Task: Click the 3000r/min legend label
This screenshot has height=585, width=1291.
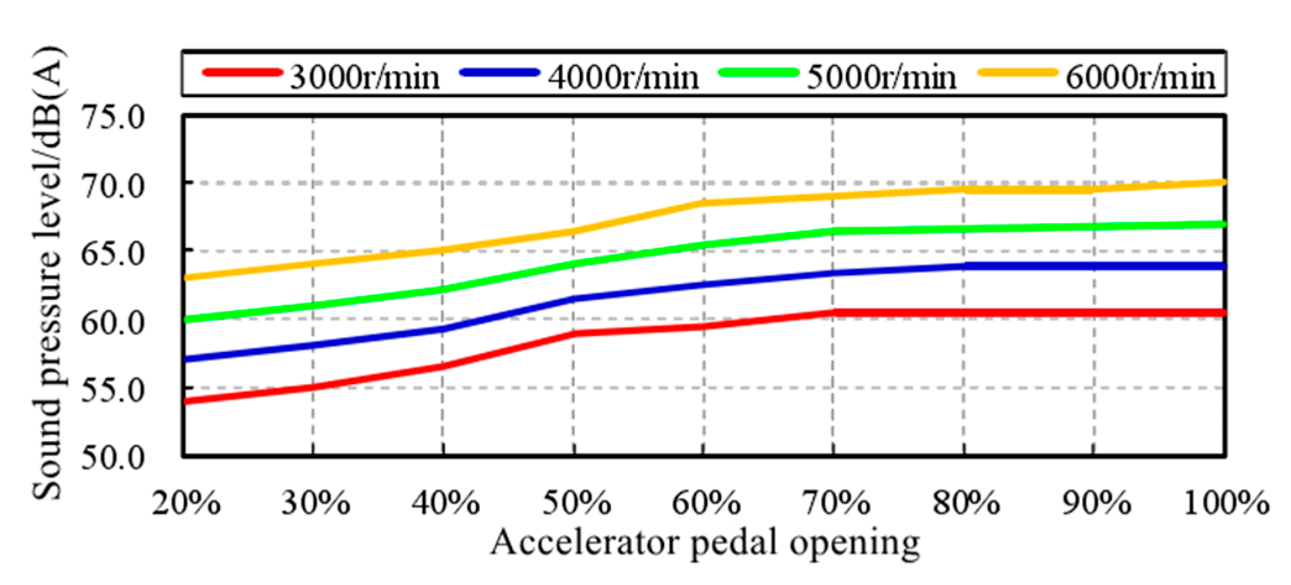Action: click(x=365, y=78)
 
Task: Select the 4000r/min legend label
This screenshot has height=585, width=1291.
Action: click(x=623, y=78)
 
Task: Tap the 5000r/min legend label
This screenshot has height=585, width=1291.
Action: click(x=882, y=78)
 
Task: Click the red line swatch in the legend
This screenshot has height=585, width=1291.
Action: click(x=242, y=72)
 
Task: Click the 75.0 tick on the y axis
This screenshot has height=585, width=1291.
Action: click(x=113, y=117)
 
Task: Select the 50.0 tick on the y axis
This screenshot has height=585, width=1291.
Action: click(x=113, y=458)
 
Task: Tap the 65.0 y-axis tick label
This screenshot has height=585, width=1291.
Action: click(x=113, y=253)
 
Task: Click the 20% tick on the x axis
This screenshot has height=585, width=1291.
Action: click(x=186, y=503)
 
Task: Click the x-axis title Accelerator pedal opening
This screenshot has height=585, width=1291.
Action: click(x=705, y=543)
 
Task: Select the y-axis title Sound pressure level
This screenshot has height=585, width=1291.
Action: click(x=48, y=272)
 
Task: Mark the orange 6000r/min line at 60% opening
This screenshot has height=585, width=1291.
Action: click(x=704, y=203)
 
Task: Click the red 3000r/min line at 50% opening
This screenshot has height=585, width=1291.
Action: click(x=574, y=334)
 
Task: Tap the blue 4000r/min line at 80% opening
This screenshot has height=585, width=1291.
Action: click(x=964, y=266)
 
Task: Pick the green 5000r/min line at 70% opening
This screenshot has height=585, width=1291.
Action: click(x=833, y=231)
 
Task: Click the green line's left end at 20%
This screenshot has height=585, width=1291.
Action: click(x=186, y=319)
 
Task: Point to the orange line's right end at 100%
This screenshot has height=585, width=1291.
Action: click(x=1223, y=182)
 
